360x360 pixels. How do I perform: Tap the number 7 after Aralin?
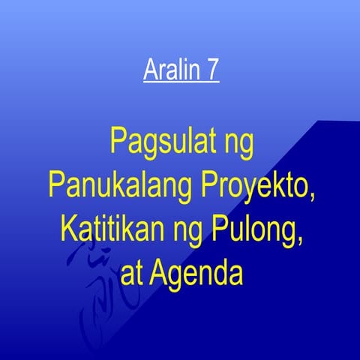(212, 72)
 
